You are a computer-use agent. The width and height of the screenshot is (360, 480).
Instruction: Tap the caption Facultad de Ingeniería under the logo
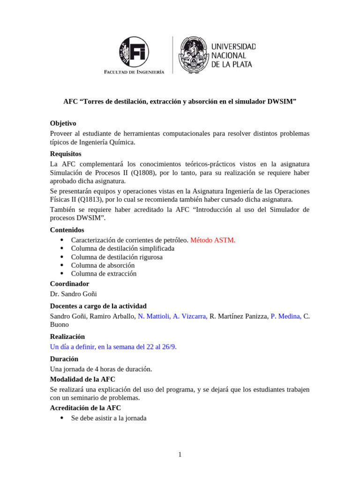click(134, 72)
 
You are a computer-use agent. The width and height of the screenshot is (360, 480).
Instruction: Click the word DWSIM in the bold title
click(280, 101)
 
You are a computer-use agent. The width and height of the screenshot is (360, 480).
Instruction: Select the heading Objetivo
click(63, 123)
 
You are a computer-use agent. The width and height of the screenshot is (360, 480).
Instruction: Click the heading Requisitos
click(66, 154)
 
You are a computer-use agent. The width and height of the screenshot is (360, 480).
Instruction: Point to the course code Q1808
click(143, 172)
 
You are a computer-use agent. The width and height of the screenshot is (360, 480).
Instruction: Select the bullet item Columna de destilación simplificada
click(122, 248)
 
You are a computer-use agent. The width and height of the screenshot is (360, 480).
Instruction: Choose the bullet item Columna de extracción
click(104, 274)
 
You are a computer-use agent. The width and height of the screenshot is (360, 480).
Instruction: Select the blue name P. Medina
click(286, 316)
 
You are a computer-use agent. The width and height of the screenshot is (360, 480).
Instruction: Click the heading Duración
click(64, 359)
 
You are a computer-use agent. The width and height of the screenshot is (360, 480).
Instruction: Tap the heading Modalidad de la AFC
click(82, 379)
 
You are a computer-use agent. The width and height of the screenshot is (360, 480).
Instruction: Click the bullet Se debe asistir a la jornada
click(109, 418)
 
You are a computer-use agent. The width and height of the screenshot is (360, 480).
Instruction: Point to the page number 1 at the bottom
click(180, 455)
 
